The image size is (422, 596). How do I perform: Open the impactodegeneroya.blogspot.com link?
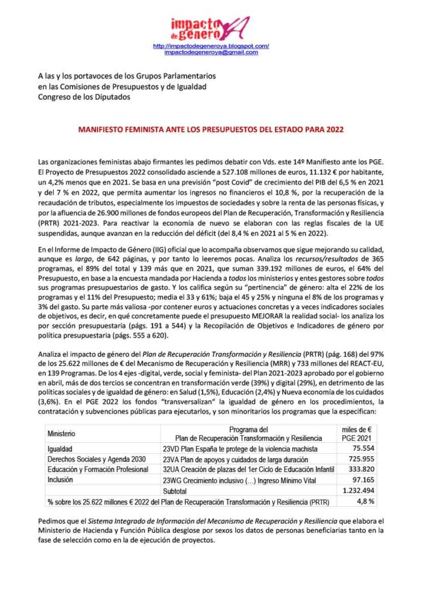click(x=211, y=46)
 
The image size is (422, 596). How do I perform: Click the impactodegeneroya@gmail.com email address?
click(x=211, y=52)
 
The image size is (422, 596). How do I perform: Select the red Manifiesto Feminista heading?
click(x=211, y=130)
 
